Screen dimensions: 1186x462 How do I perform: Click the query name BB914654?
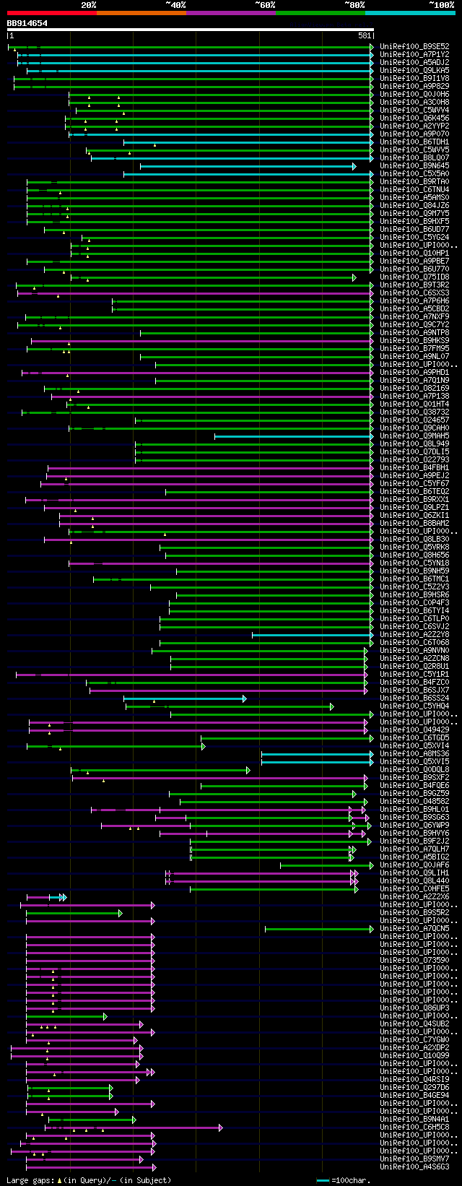[27, 23]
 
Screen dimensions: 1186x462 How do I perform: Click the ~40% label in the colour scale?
[175, 5]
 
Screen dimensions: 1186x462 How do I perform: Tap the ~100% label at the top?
[441, 5]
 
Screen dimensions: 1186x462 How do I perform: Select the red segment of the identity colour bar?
[51, 13]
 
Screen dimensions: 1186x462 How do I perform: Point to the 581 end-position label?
[364, 35]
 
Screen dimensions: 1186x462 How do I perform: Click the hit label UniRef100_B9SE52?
[414, 46]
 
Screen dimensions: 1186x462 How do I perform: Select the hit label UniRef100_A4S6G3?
[414, 1166]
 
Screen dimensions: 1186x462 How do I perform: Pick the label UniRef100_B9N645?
[414, 166]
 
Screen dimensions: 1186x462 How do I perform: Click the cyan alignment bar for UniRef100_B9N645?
[245, 166]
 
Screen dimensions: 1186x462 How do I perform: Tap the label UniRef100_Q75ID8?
[414, 277]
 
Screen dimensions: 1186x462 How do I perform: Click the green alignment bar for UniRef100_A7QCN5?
[318, 929]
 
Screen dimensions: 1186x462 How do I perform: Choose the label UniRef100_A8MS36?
[414, 754]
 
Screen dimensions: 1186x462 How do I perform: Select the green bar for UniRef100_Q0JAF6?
[325, 865]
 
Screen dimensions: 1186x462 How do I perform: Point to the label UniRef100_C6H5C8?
[414, 1127]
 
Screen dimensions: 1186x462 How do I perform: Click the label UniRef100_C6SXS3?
[414, 293]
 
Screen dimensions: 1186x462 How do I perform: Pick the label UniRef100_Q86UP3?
[414, 1008]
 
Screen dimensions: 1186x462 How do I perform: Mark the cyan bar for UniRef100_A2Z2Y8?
[310, 635]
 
